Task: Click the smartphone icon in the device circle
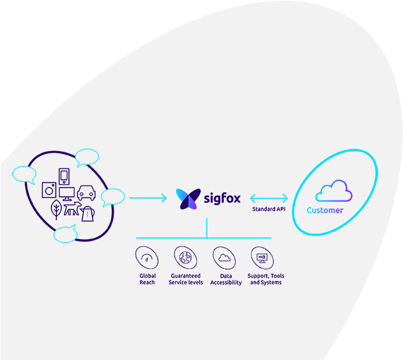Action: point(64,176)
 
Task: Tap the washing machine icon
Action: point(49,190)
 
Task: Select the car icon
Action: point(87,192)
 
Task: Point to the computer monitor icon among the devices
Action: point(67,193)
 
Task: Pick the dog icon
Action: point(71,209)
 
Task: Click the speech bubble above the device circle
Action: point(87,157)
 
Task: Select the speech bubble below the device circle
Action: point(64,235)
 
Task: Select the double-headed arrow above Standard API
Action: point(269,198)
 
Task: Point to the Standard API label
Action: point(269,209)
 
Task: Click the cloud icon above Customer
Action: point(333,191)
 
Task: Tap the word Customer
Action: point(325,210)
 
